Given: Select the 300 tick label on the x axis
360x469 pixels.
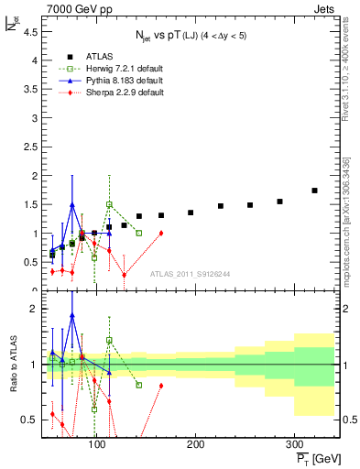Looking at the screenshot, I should click(293, 443).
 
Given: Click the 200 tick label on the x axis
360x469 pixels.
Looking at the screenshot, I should click(195, 443).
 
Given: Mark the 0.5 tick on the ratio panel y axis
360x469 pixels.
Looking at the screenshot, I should click(30, 420).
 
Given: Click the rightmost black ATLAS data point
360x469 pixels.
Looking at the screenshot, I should click(314, 191).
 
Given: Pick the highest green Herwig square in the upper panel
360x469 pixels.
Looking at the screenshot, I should click(109, 204).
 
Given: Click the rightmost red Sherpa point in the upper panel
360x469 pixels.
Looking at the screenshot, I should click(161, 233).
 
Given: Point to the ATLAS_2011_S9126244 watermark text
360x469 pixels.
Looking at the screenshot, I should click(189, 273).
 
